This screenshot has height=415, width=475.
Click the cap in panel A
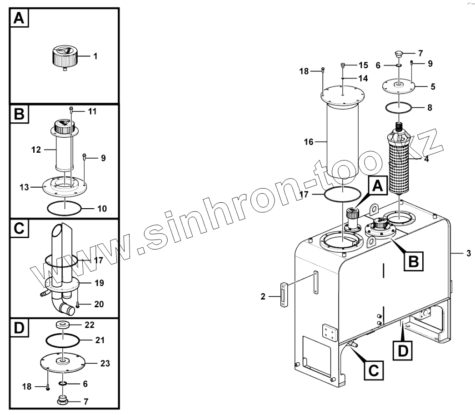(x=63, y=57)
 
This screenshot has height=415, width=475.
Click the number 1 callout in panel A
(x=95, y=56)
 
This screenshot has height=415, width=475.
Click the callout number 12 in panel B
(x=36, y=149)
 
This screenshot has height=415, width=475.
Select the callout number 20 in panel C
(x=99, y=304)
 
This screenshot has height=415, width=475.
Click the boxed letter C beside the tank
(x=372, y=370)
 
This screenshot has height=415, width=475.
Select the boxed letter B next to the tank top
(x=413, y=261)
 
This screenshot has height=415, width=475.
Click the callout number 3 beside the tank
(x=468, y=253)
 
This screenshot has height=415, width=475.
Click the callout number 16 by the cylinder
(x=309, y=142)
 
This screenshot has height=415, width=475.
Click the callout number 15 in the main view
(x=363, y=65)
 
